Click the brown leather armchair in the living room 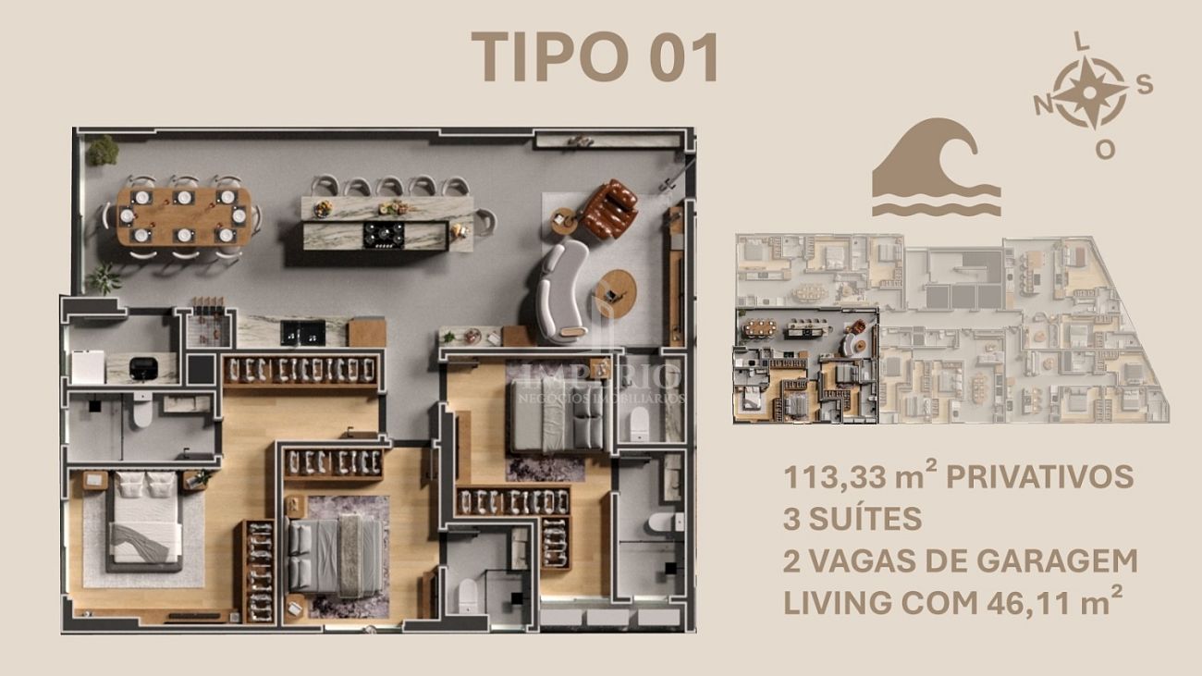pyautogui.click(x=610, y=209)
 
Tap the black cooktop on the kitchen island pyautogui.click(x=384, y=235)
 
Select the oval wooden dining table pyautogui.click(x=184, y=216)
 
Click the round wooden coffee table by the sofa pyautogui.click(x=616, y=293)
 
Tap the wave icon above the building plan pyautogui.click(x=937, y=167)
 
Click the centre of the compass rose pyautogui.click(x=1089, y=92)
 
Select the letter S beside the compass pyautogui.click(x=1145, y=84)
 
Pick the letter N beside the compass pyautogui.click(x=1043, y=105)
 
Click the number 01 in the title pyautogui.click(x=683, y=56)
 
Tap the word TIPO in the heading pyautogui.click(x=550, y=56)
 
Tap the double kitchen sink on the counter pyautogui.click(x=303, y=333)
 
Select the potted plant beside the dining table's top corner pyautogui.click(x=103, y=151)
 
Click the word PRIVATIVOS pyautogui.click(x=1039, y=477)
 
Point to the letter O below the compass pyautogui.click(x=1106, y=150)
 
